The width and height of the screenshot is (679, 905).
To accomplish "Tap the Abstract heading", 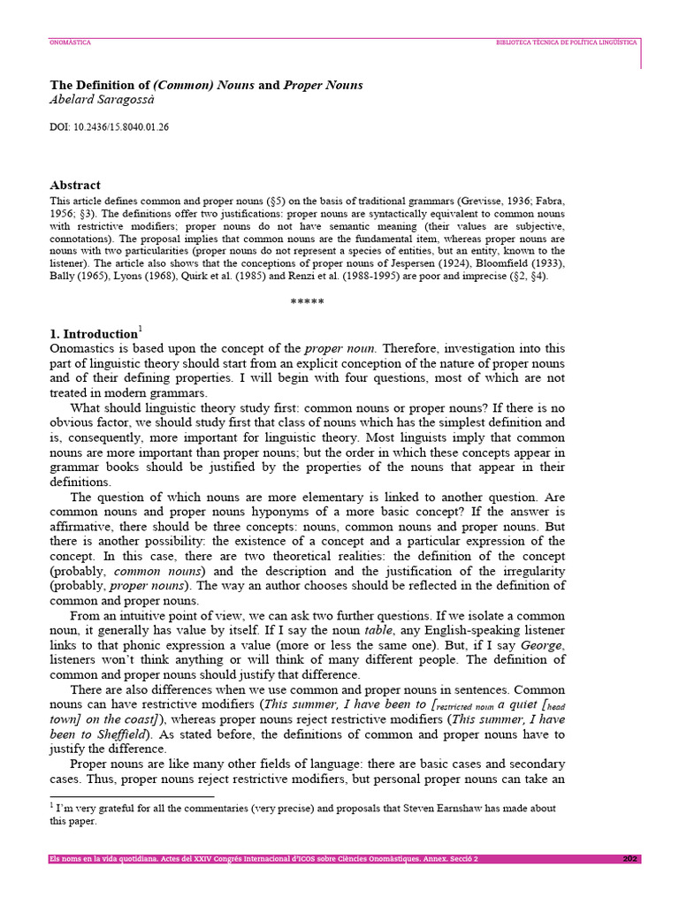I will coord(75,186).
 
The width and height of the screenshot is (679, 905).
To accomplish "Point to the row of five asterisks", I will coord(307,302).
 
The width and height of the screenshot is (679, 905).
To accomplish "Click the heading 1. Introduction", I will coord(93,334).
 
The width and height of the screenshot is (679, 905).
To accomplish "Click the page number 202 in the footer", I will coord(629,858).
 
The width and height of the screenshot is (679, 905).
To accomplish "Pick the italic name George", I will coord(544,645).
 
